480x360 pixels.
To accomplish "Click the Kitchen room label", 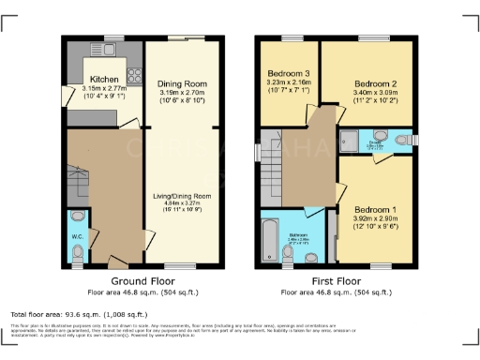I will point(103,80).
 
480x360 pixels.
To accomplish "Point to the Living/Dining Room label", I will point(184,196).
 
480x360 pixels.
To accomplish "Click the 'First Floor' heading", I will point(335,281).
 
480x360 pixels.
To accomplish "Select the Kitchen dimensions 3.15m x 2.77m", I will point(103,87).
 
